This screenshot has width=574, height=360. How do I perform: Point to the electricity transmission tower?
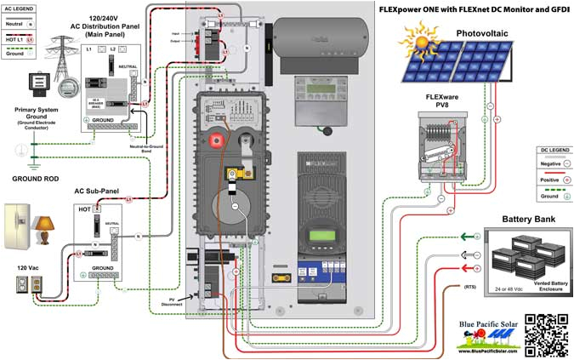[64, 54]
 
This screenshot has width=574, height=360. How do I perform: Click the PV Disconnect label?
[175, 302]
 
